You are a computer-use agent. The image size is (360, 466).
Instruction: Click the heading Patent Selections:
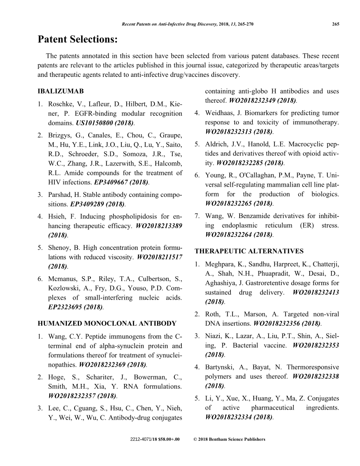pyautogui.click(x=78, y=40)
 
